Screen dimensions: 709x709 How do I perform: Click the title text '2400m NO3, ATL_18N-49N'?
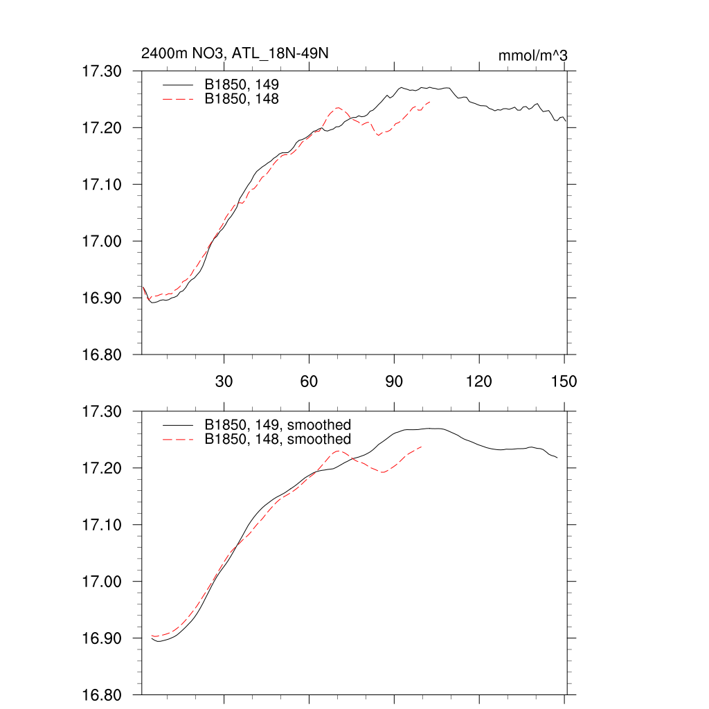234,54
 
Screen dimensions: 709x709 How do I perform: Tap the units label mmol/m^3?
533,55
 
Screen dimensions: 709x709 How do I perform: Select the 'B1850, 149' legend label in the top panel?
242,84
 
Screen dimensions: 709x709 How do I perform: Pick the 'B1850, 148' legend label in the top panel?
242,100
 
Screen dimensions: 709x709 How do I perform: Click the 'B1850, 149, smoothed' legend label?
278,424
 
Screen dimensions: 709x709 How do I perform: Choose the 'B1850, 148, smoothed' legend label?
278,440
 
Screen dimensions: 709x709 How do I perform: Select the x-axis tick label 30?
224,382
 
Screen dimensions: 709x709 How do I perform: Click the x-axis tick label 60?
309,382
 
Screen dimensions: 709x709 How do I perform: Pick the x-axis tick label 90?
394,382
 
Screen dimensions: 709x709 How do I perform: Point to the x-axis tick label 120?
479,382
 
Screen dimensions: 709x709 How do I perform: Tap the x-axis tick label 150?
564,382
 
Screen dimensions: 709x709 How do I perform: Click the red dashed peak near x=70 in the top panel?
337,107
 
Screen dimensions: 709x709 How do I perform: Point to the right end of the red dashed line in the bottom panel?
422,447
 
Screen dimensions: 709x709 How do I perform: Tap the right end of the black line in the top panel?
566,122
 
